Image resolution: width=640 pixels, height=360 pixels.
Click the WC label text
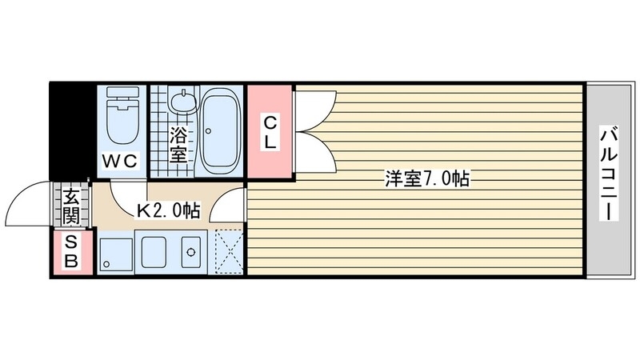[x=121, y=161]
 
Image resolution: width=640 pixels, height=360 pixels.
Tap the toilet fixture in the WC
[x=123, y=117]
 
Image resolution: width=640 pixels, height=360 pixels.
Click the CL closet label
[x=270, y=133]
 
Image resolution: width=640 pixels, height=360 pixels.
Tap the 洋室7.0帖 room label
[x=426, y=180]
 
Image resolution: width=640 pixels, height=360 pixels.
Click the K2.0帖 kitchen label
[x=168, y=212]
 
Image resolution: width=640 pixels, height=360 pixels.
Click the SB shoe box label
[x=71, y=252]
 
